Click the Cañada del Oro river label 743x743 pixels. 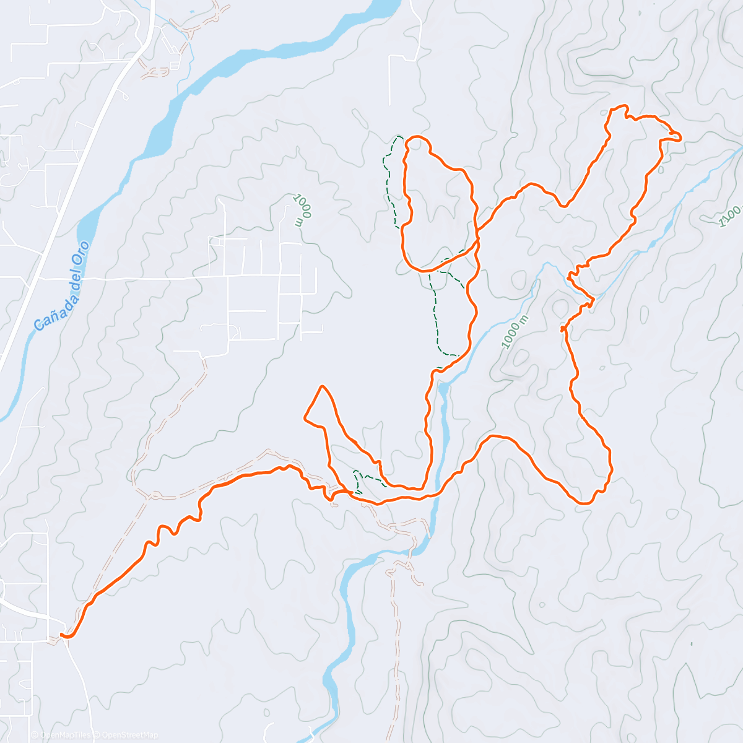coord(62,285)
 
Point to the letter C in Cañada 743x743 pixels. coord(39,324)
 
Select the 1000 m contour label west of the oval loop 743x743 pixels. coord(300,210)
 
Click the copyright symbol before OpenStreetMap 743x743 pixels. coord(98,735)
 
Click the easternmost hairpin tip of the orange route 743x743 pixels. coord(680,137)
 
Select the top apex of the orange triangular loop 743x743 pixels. coord(321,386)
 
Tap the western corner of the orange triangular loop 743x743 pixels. coord(305,419)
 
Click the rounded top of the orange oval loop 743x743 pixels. coord(417,137)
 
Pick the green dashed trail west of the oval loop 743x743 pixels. coord(388,180)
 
